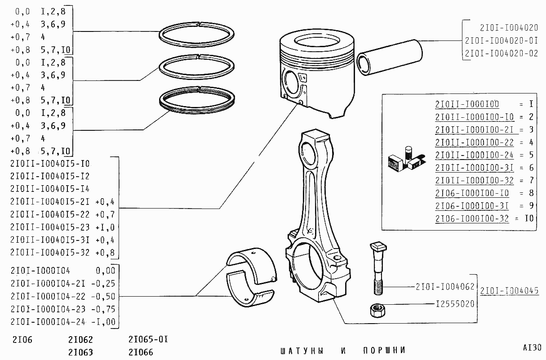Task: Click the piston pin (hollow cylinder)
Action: [390, 58]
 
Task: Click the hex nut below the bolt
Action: [377, 310]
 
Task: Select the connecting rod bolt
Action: [378, 268]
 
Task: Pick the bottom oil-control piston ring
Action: [197, 100]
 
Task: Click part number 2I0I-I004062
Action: [445, 287]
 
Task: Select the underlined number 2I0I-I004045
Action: [510, 291]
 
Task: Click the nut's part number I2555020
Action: [455, 304]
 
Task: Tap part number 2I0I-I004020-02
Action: [502, 53]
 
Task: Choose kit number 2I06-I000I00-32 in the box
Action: [472, 218]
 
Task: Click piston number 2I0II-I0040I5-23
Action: [50, 227]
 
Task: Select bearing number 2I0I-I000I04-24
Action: [48, 322]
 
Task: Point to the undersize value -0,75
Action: [103, 309]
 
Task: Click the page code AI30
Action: [532, 348]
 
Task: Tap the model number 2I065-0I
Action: [148, 339]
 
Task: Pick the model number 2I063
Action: [80, 352]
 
